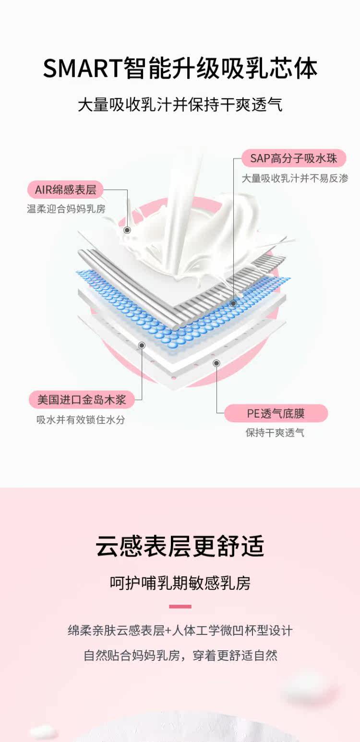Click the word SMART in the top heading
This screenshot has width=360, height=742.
coord(82,68)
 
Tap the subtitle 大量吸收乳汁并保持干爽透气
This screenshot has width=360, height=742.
coord(180,105)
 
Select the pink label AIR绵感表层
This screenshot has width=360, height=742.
coord(65,190)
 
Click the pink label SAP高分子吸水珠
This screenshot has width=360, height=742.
coord(293,158)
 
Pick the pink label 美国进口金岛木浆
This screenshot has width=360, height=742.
coord(82,399)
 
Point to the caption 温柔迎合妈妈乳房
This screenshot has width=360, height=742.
coord(66,209)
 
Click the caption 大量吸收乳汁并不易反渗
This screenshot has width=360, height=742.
coord(294,178)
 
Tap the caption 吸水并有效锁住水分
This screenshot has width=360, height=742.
coord(81,419)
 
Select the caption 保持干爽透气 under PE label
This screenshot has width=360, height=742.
coord(275,433)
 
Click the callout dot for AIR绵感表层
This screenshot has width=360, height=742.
coord(127,230)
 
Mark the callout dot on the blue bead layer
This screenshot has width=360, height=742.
coord(233,303)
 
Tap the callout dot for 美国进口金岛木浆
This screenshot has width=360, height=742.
coord(142,345)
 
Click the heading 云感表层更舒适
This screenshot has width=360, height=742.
coord(180,547)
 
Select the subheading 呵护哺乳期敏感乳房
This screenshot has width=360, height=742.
coord(180,583)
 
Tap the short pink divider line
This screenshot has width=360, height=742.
coord(180,607)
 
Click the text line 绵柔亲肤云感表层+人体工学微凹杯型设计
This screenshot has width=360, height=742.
coord(180,630)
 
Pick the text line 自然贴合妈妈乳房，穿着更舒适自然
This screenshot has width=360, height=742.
coord(180,655)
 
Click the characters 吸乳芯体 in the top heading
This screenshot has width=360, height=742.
coord(269,68)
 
